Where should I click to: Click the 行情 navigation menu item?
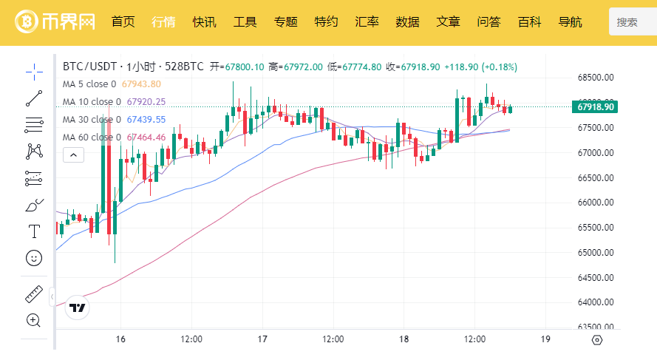pos(163,21)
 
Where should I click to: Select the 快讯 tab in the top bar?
pos(204,21)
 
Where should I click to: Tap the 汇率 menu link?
pos(367,21)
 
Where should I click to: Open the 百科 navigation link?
pos(529,21)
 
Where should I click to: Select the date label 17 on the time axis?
pos(262,339)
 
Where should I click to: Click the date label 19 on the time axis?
pos(545,339)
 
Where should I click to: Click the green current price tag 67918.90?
pos(595,107)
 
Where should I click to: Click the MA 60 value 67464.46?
pos(146,137)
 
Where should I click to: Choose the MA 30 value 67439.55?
pos(146,119)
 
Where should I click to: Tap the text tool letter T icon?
pos(34,231)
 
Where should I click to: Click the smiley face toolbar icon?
pos(34,258)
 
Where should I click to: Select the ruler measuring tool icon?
pos(34,294)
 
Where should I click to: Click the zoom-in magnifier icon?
pos(34,320)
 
